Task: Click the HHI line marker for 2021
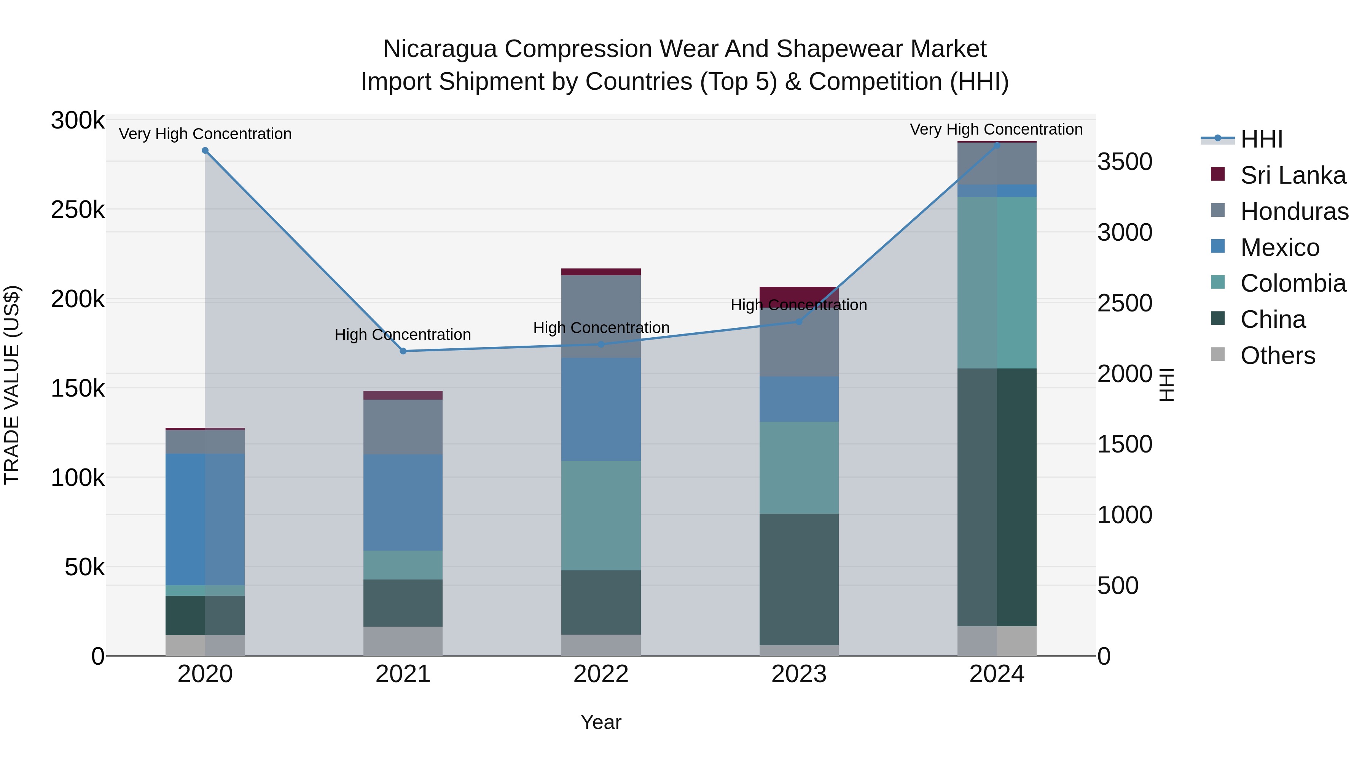point(403,351)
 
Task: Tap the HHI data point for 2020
point(205,150)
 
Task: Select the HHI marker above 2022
point(601,345)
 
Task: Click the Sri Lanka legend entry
point(1292,175)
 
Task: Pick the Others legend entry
point(1278,356)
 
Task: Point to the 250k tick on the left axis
point(78,210)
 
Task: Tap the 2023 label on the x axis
point(799,674)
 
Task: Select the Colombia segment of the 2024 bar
point(997,283)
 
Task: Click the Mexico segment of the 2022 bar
point(601,409)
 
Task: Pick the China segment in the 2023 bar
point(799,579)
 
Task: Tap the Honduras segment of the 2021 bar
point(403,427)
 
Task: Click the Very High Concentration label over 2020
point(205,134)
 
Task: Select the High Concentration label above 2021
point(403,335)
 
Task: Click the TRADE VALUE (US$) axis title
point(12,385)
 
